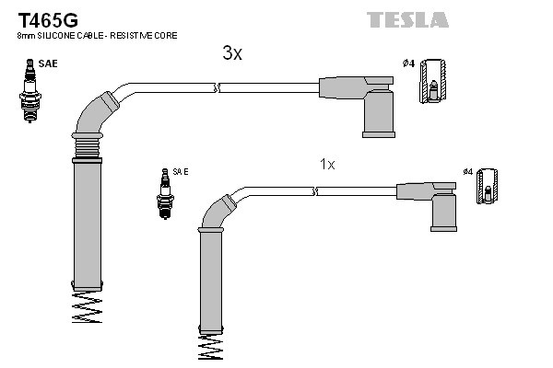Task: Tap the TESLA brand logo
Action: pos(407,19)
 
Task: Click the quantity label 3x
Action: pos(232,53)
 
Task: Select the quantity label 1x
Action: pos(327,164)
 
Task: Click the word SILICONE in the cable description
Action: pos(58,35)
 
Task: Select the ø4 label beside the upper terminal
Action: pos(407,63)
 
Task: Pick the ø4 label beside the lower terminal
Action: pos(467,172)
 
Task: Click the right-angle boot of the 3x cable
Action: pos(373,101)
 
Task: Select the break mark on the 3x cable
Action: pos(218,87)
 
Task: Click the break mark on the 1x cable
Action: pos(315,191)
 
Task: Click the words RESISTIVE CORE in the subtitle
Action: pos(146,35)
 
